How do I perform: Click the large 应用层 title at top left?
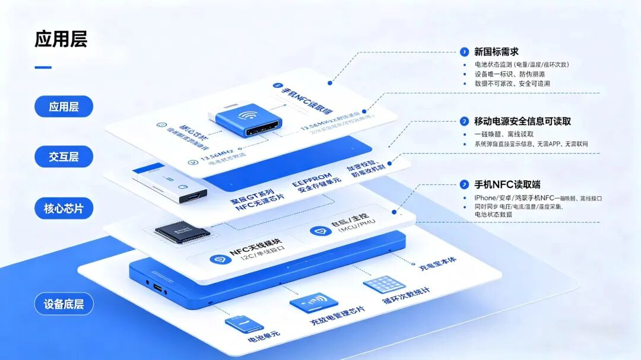61,39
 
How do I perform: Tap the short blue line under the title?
43,67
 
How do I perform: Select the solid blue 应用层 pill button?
64,107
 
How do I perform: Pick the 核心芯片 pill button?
64,209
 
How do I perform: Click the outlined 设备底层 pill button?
64,304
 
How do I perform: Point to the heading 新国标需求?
496,52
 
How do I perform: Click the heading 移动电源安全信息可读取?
522,121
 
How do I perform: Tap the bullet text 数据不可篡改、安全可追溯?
512,84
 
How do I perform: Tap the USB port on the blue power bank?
157,288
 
